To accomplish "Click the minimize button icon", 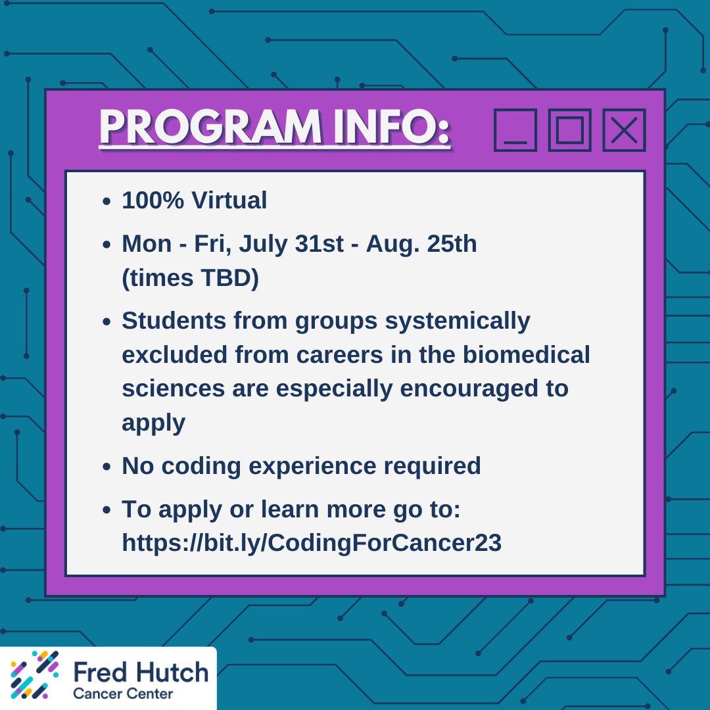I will pyautogui.click(x=515, y=130).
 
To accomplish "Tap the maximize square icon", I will pyautogui.click(x=569, y=130).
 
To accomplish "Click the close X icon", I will pyautogui.click(x=624, y=130).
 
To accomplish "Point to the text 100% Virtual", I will pyautogui.click(x=194, y=201).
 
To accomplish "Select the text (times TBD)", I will pyautogui.click(x=190, y=279).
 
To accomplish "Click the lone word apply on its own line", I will pyautogui.click(x=153, y=424).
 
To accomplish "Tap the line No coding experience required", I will pyautogui.click(x=301, y=466).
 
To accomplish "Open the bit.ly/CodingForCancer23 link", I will pyautogui.click(x=312, y=543).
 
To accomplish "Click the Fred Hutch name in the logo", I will pyautogui.click(x=141, y=672).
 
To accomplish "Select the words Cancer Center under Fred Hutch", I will pyautogui.click(x=123, y=694).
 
